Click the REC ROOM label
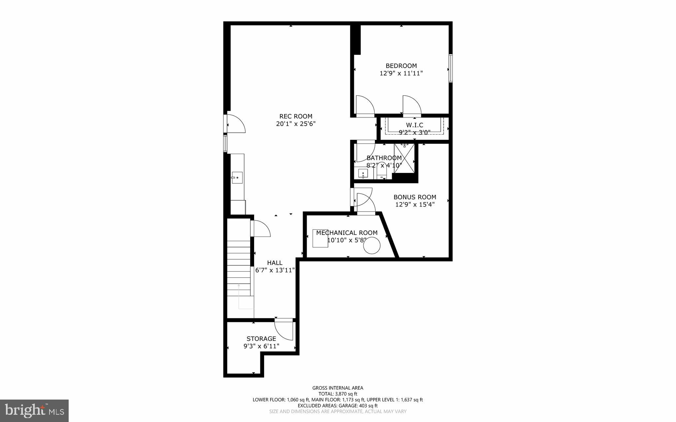[296, 116]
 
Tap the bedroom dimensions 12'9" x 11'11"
[401, 73]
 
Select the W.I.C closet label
[414, 125]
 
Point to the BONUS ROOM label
[415, 197]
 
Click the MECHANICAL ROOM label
[347, 233]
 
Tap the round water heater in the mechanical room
[372, 246]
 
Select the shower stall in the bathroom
[404, 158]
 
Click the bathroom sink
[363, 173]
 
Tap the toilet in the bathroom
[382, 173]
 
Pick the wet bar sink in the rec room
[237, 178]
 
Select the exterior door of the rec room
[235, 124]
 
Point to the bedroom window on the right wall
[450, 69]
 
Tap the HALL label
[275, 263]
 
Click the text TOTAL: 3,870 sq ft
[338, 394]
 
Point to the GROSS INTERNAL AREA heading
[338, 388]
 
